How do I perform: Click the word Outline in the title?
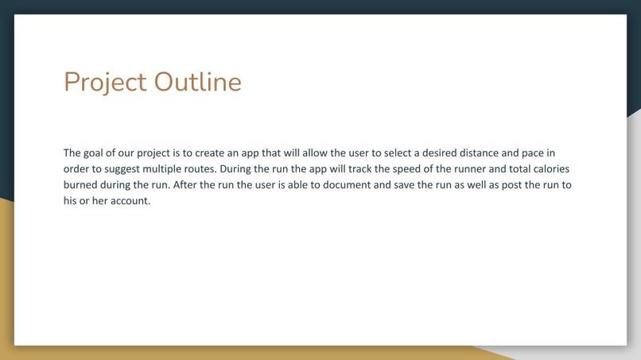pos(197,82)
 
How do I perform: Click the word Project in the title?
pos(105,82)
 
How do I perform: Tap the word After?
pos(185,184)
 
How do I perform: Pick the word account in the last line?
pos(130,200)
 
